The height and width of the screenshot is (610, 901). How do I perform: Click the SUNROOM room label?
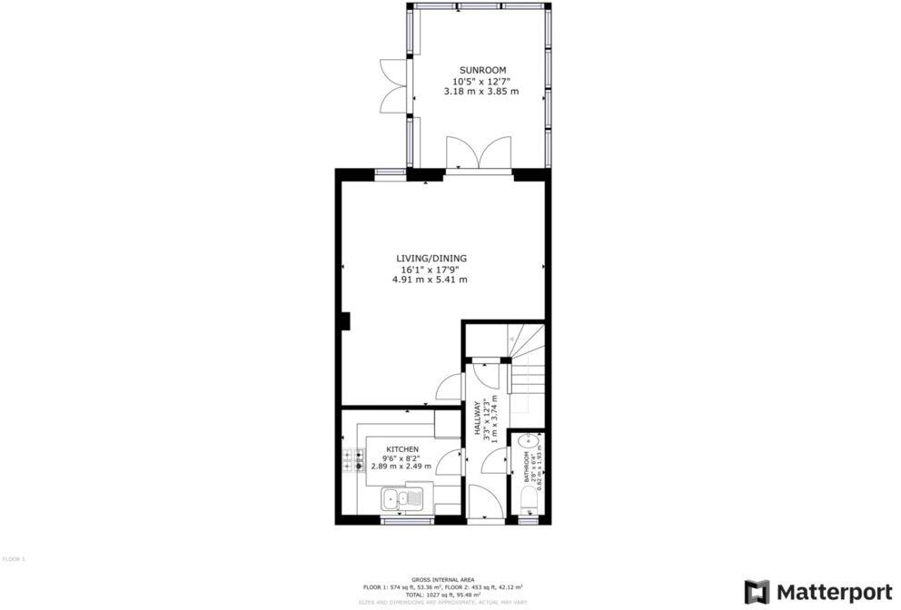click(x=481, y=70)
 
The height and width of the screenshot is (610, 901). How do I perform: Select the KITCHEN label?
click(x=402, y=449)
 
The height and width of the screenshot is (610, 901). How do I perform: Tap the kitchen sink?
click(x=401, y=497)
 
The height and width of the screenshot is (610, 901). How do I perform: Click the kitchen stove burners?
click(x=353, y=461)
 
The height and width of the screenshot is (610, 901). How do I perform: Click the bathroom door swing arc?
click(x=495, y=463)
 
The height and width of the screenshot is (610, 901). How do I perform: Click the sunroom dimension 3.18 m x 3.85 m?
click(x=481, y=92)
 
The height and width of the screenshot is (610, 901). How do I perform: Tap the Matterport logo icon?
click(x=757, y=592)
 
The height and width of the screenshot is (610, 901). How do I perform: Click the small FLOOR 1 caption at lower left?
click(x=14, y=558)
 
